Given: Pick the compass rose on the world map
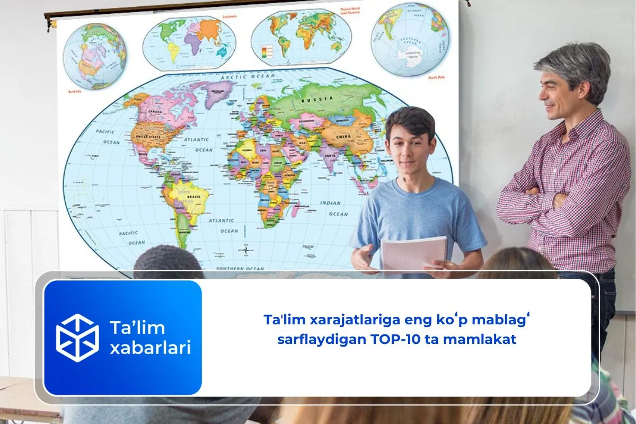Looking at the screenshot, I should tap(245, 250).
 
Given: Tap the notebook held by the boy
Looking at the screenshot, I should tap(414, 253).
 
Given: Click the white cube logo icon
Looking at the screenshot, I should tap(77, 338).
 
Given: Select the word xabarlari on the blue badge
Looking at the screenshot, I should tap(149, 348).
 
